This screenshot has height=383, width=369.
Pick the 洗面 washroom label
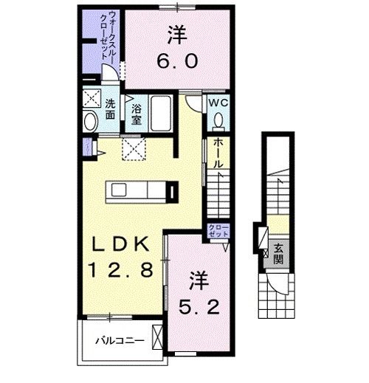coord(109,108)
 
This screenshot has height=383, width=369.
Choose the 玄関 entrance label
coord(277,252)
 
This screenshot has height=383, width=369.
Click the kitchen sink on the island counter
coord(120,192)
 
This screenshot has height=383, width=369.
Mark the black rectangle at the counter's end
coord(171,193)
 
